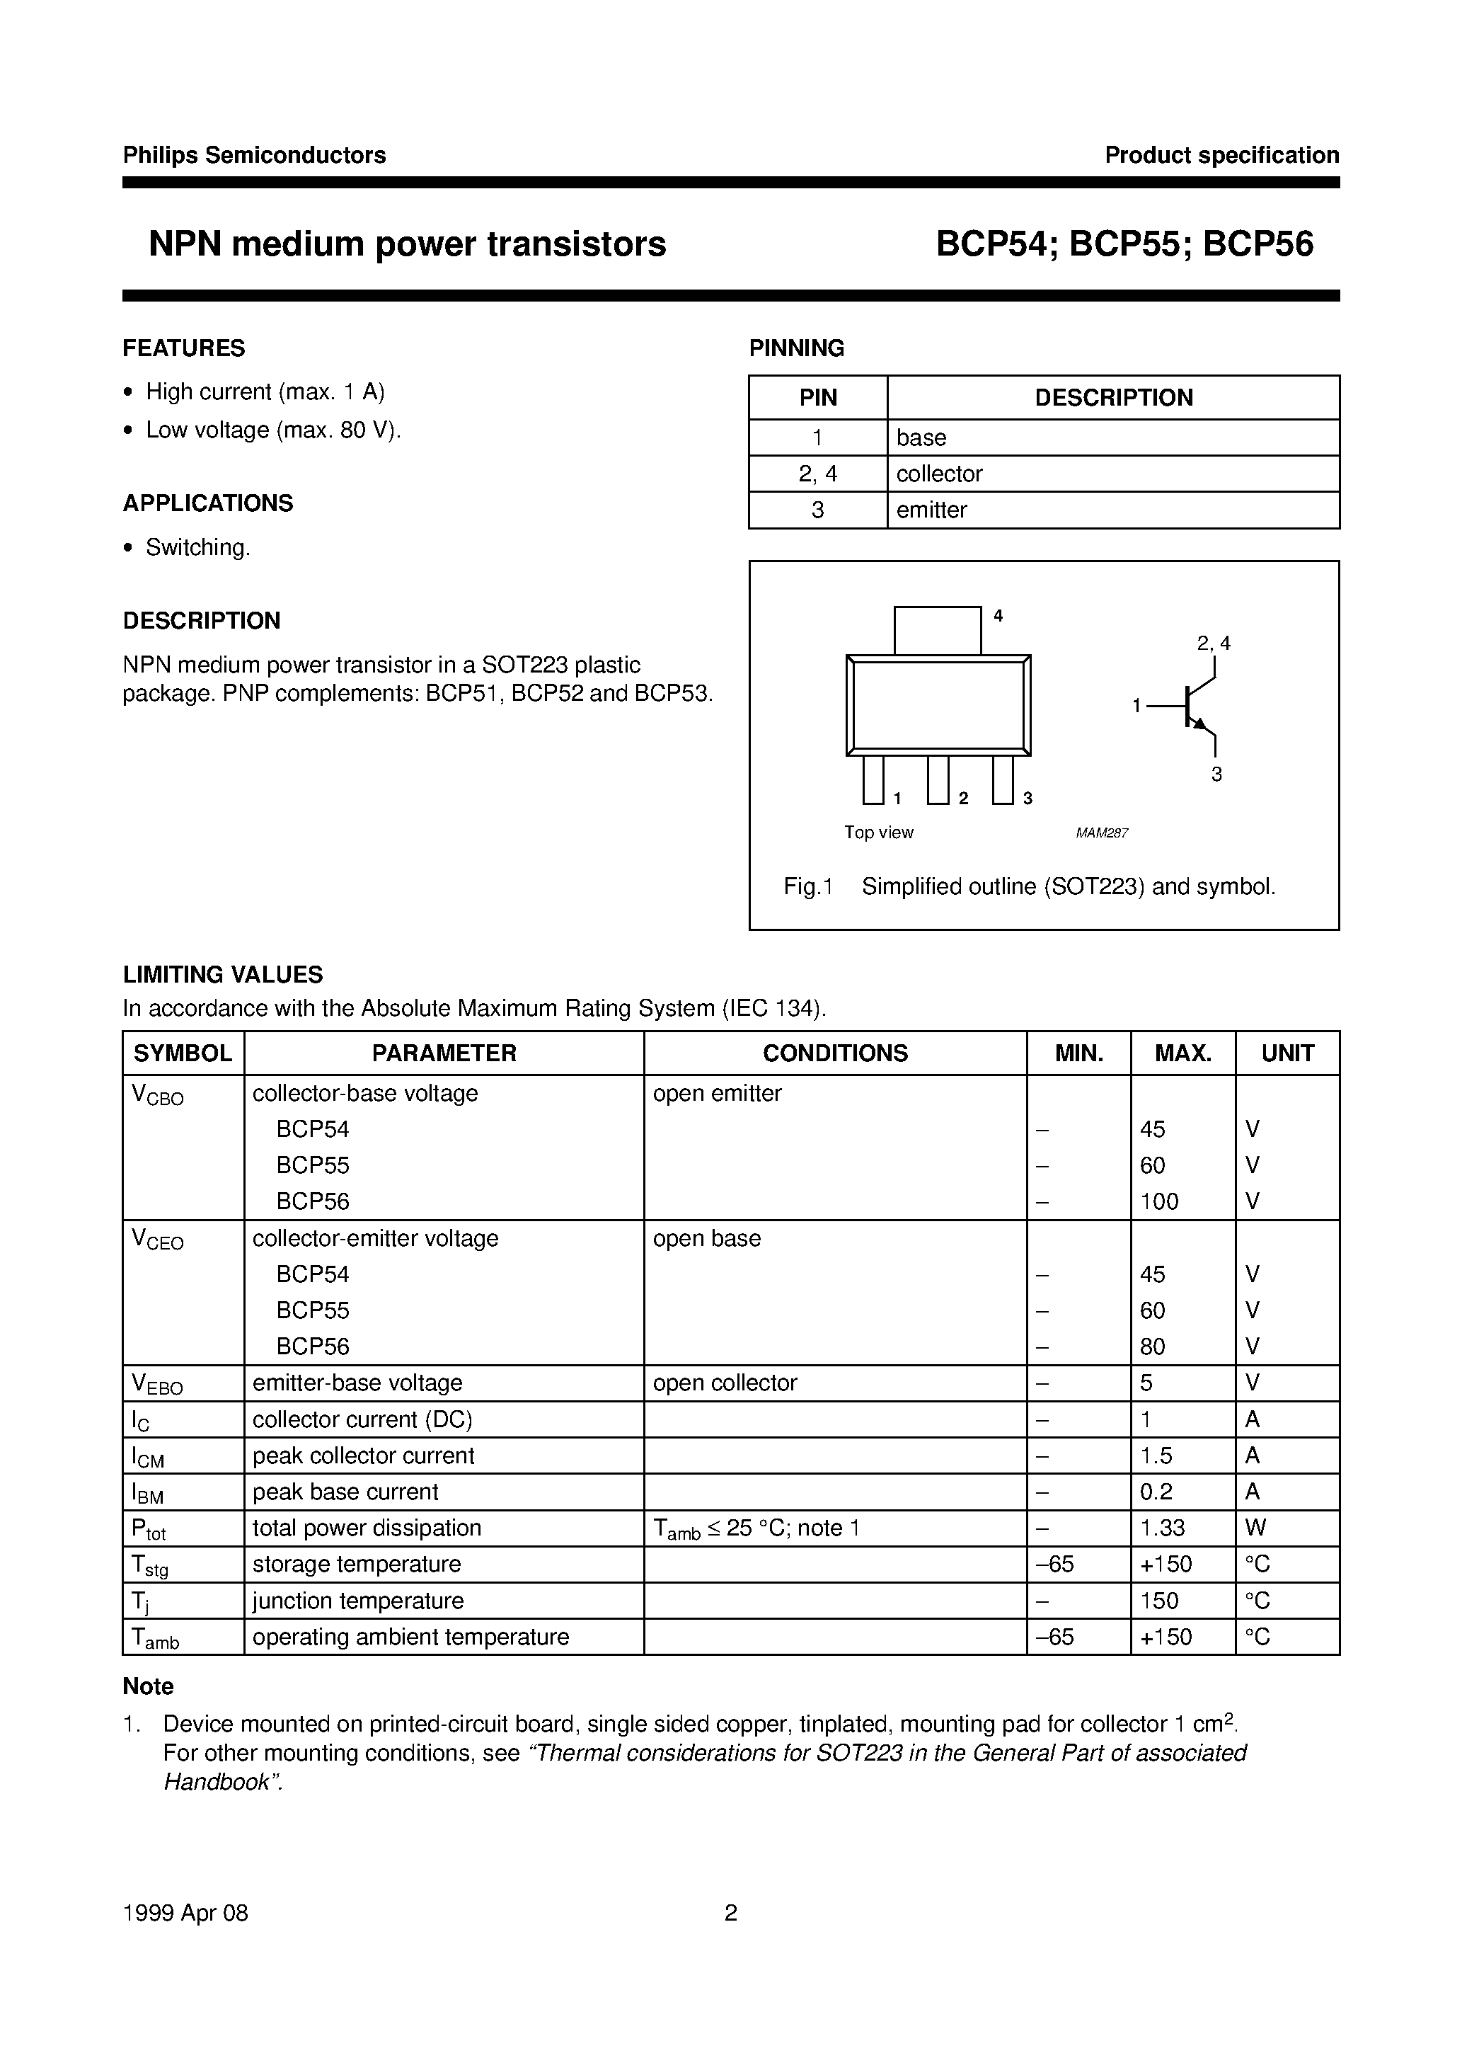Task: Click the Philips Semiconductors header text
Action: (254, 155)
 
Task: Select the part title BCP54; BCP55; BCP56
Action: (1124, 244)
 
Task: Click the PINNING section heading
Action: (796, 348)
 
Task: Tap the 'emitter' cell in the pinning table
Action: (931, 510)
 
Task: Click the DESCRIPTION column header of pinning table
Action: (1113, 398)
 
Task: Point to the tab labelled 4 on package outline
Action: (938, 630)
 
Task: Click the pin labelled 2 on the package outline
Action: (938, 779)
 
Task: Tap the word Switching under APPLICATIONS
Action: (197, 548)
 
